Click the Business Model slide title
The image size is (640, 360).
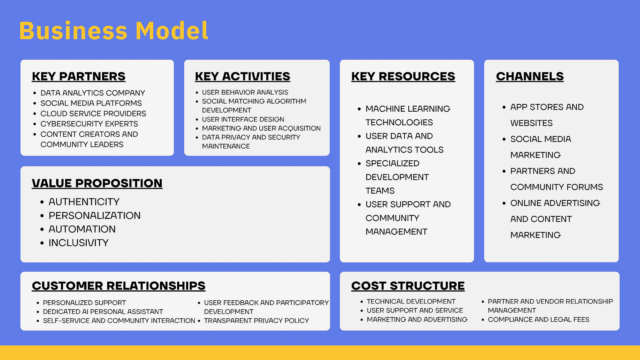[x=113, y=31]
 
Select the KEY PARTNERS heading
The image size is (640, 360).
[x=79, y=77]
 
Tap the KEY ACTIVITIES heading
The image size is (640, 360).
[x=243, y=77]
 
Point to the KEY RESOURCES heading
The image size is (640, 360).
[x=403, y=77]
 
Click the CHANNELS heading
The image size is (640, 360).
[x=530, y=77]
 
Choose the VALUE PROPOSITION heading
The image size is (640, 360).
[x=97, y=183]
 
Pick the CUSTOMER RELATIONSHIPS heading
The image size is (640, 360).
[x=119, y=286]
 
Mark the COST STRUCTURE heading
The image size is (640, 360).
[x=408, y=286]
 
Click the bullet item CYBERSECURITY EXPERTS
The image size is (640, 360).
[x=89, y=124]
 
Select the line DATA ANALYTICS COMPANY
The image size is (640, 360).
[x=93, y=93]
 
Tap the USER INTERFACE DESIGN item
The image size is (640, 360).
[x=243, y=119]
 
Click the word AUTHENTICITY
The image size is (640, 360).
[x=84, y=202]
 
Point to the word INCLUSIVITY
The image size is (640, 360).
[x=79, y=243]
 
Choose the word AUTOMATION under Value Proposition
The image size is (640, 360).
[x=82, y=229]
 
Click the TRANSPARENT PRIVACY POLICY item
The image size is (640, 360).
[x=256, y=321]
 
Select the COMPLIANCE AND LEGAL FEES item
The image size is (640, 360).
[x=539, y=319]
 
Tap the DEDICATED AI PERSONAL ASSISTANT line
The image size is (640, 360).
[x=103, y=312]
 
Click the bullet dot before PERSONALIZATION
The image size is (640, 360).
[x=42, y=216]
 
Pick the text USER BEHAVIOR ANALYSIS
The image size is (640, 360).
[x=245, y=92]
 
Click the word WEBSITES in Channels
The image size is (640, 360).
[x=531, y=123]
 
